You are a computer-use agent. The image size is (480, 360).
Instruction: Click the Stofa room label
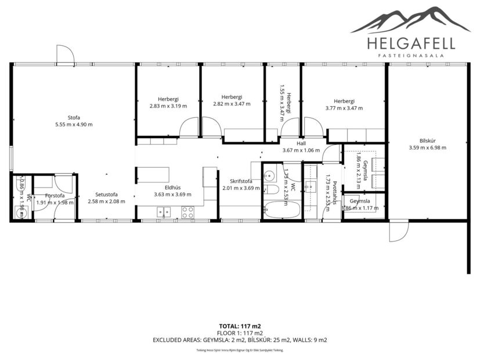coord(73,117)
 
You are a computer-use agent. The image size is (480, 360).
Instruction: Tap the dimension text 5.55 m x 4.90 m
coord(73,124)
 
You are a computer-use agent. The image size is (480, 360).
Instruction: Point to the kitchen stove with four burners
coord(187,213)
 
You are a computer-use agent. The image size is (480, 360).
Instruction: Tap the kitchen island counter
coord(153,175)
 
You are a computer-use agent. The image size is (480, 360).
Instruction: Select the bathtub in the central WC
coord(281,210)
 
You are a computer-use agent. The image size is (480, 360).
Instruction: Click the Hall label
coord(301,143)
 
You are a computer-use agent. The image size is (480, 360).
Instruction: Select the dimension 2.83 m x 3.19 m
coord(168,106)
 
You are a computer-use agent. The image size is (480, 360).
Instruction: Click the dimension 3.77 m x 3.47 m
coord(344,107)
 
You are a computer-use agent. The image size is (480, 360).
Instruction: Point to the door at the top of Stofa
coord(65,55)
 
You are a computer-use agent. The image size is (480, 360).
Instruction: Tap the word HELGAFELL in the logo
coord(410,43)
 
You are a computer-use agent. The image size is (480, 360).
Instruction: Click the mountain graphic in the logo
coord(410,19)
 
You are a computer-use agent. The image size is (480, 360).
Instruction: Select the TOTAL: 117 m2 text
coord(240,326)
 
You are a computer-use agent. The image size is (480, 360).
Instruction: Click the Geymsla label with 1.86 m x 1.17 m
coord(359,201)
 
